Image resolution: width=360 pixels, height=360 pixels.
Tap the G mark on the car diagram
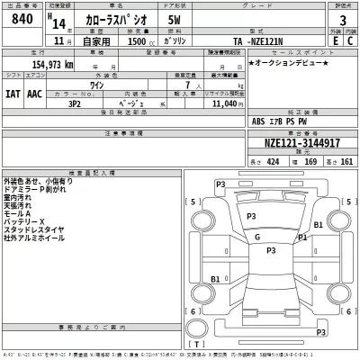tap(257, 237)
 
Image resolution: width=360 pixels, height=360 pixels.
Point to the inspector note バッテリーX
tap(25, 221)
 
